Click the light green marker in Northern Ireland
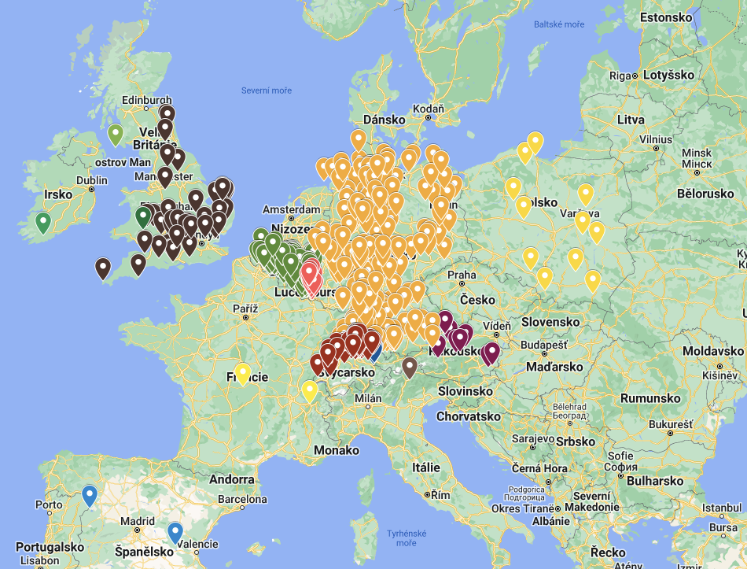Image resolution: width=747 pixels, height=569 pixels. pos(116,135)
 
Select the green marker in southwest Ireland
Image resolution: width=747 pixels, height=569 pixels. pos(43,223)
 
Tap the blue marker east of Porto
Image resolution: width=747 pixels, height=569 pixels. pos(90,495)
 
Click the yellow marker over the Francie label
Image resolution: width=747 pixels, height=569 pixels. pos(243,373)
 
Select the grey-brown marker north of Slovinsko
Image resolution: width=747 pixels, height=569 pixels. pos(409,367)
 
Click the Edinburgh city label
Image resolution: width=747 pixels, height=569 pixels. pos(147,100)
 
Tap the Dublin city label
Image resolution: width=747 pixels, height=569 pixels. pos(92,180)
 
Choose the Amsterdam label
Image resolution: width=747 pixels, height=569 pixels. pos(292,209)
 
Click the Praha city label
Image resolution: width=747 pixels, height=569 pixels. pos(462,275)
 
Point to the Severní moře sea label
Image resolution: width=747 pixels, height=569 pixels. pos(266,91)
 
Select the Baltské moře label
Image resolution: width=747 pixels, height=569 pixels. pos(559,24)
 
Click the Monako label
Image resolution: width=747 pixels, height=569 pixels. pos(336,450)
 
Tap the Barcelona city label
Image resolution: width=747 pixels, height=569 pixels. pos(241,499)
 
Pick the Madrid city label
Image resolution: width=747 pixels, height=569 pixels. pos(138,521)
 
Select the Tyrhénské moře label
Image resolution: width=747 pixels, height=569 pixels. pos(407,538)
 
